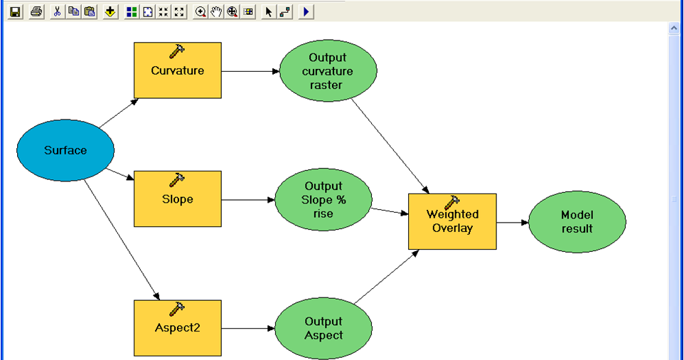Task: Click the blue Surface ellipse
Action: [65, 150]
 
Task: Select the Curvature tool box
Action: [178, 70]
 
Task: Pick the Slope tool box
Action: [178, 198]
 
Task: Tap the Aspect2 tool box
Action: [178, 328]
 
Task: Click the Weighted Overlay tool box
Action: [452, 221]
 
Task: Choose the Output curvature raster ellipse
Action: [328, 70]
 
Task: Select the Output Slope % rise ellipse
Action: [324, 199]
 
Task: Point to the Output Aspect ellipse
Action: [324, 328]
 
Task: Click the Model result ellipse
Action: [577, 222]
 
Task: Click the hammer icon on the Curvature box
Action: [176, 51]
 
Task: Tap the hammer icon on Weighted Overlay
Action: [452, 203]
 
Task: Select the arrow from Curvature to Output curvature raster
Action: [250, 71]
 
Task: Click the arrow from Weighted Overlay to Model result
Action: [513, 223]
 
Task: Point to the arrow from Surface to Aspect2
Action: [122, 240]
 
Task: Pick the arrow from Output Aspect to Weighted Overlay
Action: [387, 277]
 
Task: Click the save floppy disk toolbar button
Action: [15, 12]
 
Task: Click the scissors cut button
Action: [57, 12]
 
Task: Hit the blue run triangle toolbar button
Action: [306, 12]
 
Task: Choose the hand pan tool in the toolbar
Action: [216, 12]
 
